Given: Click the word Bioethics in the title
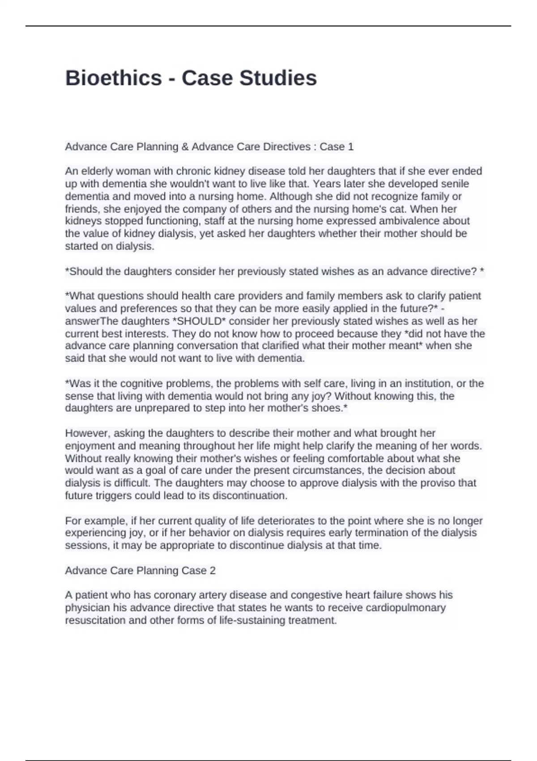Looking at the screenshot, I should (114, 78).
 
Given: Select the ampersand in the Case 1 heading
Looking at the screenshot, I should (185, 147).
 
